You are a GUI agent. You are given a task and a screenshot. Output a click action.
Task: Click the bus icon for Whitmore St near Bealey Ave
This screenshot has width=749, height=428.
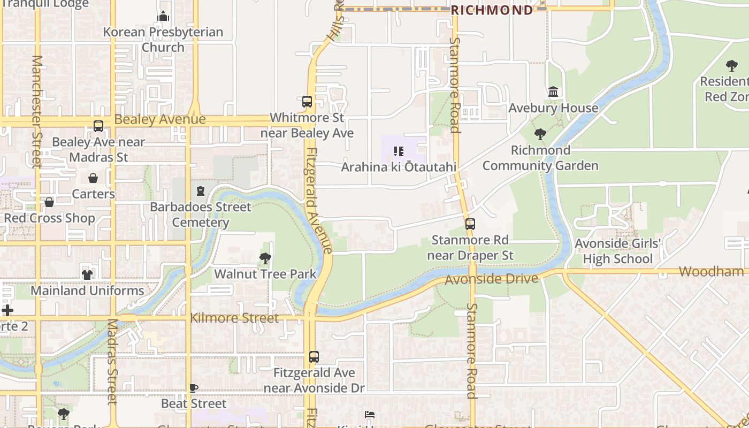click(307, 101)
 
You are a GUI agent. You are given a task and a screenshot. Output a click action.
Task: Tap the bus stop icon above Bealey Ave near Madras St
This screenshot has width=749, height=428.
click(98, 126)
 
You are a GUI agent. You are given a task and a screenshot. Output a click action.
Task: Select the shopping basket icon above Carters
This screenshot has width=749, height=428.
click(93, 178)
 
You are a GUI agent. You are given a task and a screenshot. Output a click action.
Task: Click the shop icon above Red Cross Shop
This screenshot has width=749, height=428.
click(49, 202)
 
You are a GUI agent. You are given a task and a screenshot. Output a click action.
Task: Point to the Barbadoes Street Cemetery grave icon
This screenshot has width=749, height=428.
click(201, 190)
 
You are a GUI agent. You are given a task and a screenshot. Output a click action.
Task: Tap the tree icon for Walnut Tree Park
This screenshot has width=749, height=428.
click(265, 258)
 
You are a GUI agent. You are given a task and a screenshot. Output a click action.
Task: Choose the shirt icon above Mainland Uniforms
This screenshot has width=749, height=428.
click(87, 274)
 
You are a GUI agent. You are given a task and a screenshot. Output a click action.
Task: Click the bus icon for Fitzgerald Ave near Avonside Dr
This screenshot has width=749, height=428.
click(314, 356)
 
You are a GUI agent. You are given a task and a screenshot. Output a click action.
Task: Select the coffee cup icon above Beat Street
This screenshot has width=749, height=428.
click(194, 388)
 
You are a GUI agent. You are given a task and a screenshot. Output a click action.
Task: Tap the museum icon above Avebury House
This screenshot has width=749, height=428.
click(553, 92)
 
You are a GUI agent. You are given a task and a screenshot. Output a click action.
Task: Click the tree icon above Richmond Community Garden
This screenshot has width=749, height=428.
click(540, 134)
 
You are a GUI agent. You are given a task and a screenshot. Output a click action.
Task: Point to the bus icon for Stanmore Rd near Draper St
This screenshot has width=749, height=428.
click(470, 224)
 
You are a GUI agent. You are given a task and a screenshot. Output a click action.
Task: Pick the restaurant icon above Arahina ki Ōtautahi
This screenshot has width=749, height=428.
click(399, 151)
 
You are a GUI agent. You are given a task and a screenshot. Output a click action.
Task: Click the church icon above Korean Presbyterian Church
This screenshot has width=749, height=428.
click(163, 16)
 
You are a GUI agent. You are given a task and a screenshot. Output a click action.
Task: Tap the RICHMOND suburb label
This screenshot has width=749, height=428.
click(492, 10)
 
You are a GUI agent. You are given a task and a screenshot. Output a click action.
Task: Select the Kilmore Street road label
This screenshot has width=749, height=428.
click(234, 318)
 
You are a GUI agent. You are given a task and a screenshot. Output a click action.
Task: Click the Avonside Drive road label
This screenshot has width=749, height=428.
click(491, 279)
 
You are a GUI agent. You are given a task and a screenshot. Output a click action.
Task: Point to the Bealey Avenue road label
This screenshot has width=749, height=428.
click(160, 119)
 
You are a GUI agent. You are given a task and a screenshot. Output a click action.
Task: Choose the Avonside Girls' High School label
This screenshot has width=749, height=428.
click(618, 251)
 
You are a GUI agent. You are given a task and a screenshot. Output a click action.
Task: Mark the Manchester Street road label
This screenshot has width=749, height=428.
click(36, 111)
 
